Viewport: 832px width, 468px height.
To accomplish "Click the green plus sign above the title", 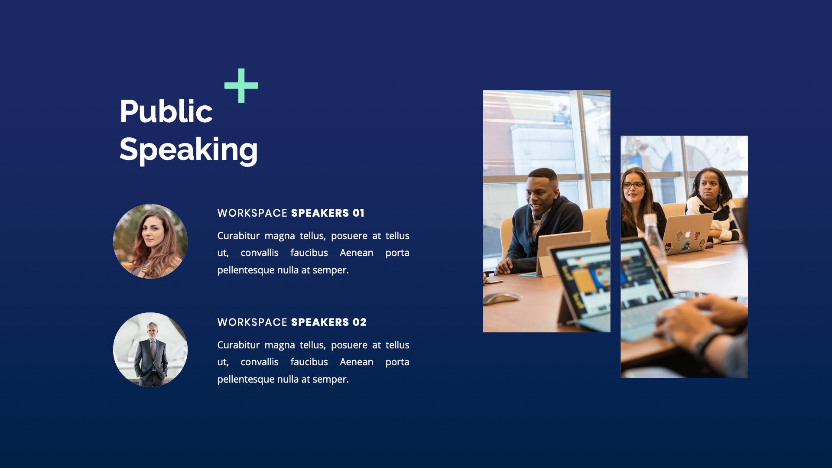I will pos(241,85).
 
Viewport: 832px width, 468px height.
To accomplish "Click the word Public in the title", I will pos(166,111).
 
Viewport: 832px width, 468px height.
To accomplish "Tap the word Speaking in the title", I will pos(188,149).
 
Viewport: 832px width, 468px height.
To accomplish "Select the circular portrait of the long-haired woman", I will pos(150,241).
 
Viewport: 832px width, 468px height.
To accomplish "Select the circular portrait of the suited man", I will pos(150,350).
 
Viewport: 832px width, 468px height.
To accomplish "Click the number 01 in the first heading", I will pos(358,213).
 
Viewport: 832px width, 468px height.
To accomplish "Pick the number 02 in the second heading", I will pos(360,322).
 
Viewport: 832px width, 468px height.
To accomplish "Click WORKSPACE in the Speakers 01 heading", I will pos(252,213).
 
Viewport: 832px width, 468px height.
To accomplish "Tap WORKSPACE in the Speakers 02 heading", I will pos(252,322).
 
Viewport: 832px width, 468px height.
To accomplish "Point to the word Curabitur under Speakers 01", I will pos(238,236).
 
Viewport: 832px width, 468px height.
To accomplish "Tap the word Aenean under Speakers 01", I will pos(356,253).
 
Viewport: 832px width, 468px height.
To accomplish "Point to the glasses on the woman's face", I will pos(633,185).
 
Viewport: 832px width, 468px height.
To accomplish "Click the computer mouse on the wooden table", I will pos(503,298).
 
